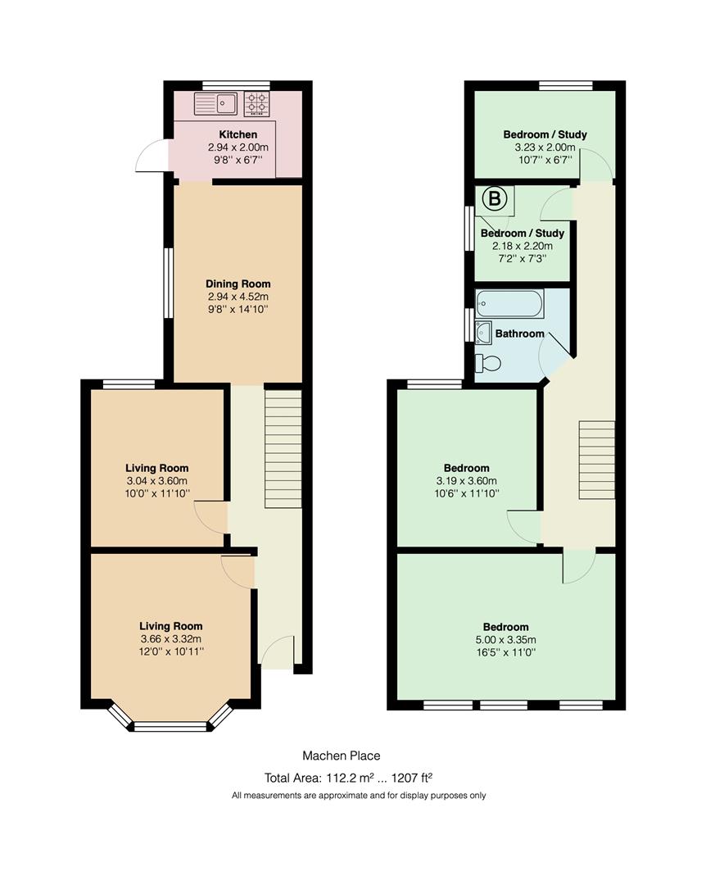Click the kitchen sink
[215, 103]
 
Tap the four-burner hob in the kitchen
[256, 104]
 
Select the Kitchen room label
[238, 134]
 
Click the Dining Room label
[238, 284]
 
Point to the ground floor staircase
[283, 449]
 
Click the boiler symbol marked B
[495, 198]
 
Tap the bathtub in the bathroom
[509, 304]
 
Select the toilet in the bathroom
[487, 363]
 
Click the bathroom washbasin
[483, 333]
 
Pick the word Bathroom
[520, 334]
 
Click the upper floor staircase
[596, 460]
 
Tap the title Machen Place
[342, 756]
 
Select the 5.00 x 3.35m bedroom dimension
[505, 640]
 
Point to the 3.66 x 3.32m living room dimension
[171, 639]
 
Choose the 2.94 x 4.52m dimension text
[238, 297]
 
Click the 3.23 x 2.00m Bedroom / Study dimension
[545, 147]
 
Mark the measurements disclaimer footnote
[359, 796]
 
